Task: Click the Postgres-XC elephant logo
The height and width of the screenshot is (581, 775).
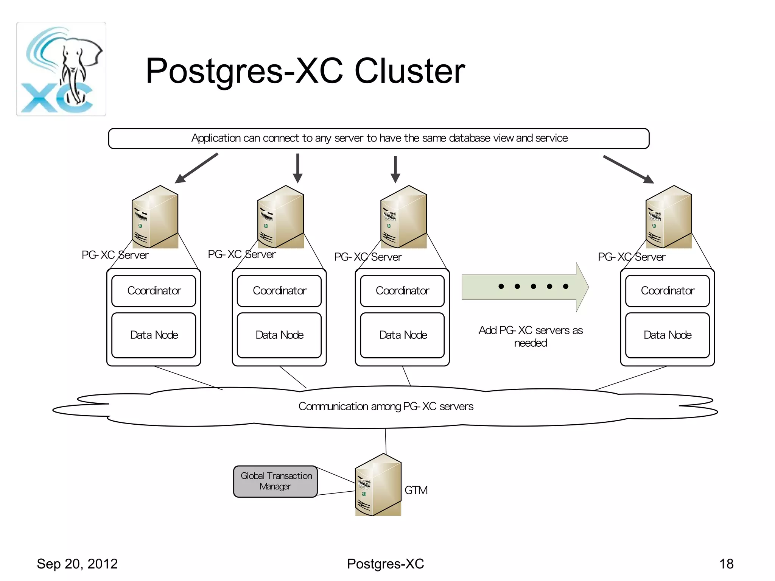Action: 61,69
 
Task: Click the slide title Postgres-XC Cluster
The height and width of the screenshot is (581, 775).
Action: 305,71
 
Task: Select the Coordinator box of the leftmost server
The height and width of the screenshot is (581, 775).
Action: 154,291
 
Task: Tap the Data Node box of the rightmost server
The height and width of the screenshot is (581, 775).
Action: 667,335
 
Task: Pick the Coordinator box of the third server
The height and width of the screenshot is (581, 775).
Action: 402,291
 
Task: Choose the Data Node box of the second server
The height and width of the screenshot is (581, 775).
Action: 279,335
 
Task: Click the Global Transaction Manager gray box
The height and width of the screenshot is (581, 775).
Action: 275,481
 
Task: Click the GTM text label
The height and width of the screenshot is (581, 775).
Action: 416,490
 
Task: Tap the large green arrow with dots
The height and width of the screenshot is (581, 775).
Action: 525,287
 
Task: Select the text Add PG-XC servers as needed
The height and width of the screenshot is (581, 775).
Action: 531,336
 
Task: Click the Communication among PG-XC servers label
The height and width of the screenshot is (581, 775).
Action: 386,407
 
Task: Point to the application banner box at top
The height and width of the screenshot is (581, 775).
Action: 379,139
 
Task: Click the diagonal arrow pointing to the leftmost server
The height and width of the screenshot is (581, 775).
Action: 196,168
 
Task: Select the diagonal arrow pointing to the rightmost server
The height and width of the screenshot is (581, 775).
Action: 628,169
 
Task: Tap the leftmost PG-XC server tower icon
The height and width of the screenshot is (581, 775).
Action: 155,217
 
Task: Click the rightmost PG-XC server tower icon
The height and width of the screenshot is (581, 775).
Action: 669,217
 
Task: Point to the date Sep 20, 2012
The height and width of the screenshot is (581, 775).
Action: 77,564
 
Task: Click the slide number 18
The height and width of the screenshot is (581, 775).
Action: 726,564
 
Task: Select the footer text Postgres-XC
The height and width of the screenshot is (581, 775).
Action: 385,564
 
